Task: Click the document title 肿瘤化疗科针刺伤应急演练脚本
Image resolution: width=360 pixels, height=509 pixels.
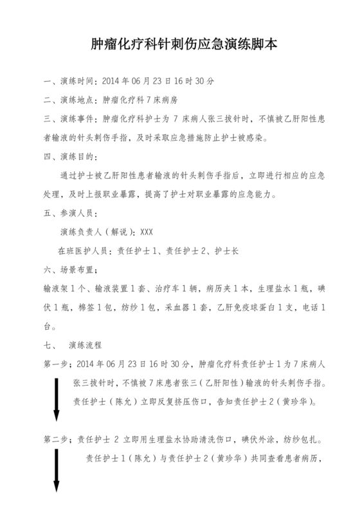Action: (x=179, y=45)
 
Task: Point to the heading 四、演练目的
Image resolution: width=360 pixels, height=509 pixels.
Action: (x=69, y=156)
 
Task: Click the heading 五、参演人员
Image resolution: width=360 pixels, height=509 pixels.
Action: (x=69, y=213)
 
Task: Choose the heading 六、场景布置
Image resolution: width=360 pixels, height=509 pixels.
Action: (x=69, y=269)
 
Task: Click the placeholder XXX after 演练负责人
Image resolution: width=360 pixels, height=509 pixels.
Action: (x=146, y=232)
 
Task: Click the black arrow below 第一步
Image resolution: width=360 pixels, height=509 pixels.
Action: (x=57, y=399)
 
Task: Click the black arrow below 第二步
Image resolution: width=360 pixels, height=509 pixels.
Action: (x=57, y=476)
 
